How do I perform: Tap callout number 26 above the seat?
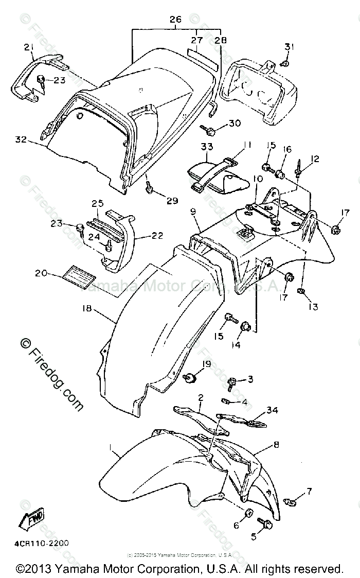(176, 20)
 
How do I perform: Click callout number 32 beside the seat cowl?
(21, 139)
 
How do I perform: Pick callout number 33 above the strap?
(207, 147)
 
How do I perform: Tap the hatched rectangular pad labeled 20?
(78, 277)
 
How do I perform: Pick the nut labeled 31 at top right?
(285, 64)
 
